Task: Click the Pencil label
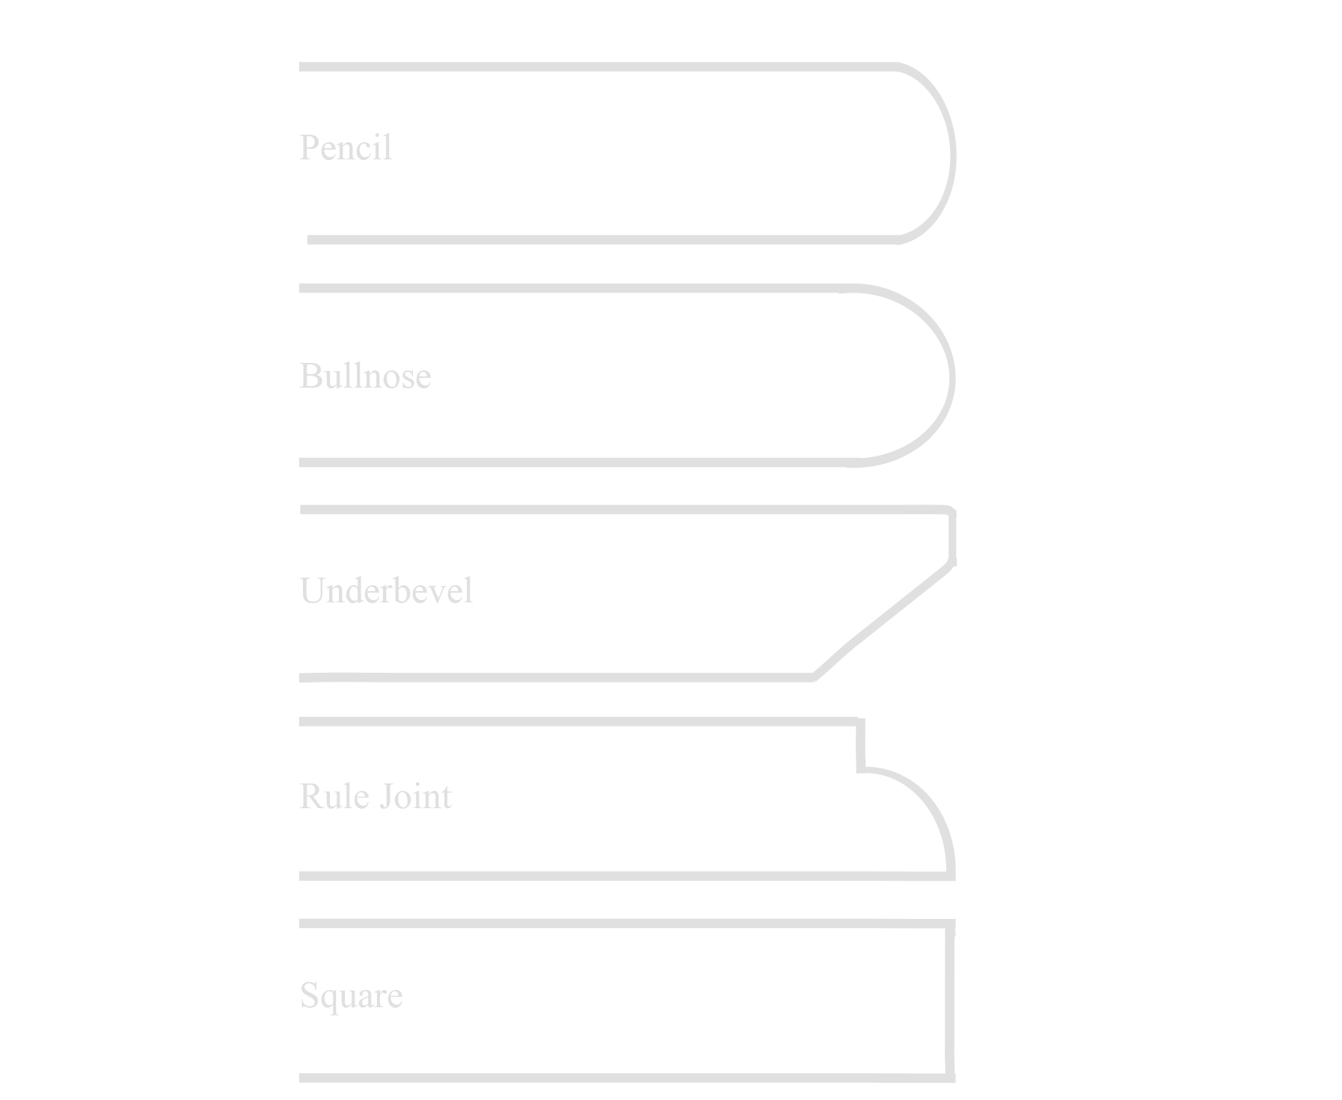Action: (346, 147)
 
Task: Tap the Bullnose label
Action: (365, 376)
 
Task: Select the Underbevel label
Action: (386, 590)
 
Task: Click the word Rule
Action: (334, 796)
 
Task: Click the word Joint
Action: (415, 796)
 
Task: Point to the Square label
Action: (351, 996)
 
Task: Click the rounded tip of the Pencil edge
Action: (952, 155)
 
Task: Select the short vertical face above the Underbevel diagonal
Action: (952, 537)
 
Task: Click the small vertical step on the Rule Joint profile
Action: (861, 745)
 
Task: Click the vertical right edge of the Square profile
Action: (950, 1000)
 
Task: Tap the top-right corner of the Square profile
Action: (952, 923)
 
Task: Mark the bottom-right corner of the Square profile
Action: (952, 1078)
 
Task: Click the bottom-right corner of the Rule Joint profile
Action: (952, 876)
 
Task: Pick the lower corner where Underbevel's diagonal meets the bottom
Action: (814, 678)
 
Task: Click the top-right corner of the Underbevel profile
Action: (952, 511)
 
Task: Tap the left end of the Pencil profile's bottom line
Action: (308, 239)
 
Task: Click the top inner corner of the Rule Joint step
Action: (860, 721)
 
